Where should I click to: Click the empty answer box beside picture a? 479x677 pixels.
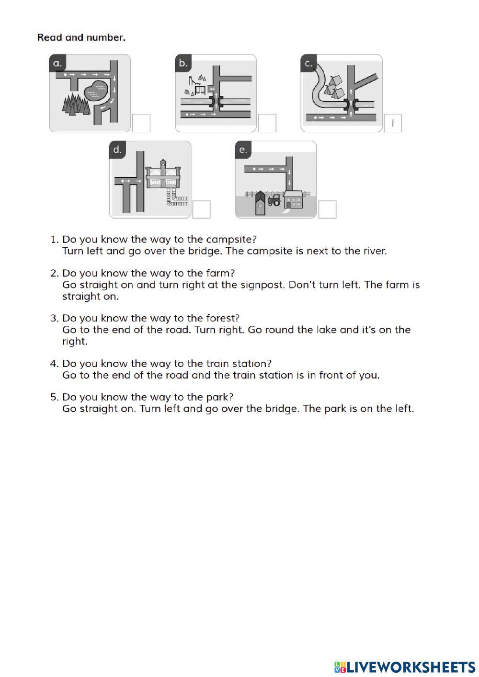(141, 123)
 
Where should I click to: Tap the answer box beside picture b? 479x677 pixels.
(267, 123)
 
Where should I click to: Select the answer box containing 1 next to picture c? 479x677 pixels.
(393, 123)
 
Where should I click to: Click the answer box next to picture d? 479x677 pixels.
(202, 209)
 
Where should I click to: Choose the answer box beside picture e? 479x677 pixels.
(327, 209)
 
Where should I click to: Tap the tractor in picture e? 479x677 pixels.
(274, 200)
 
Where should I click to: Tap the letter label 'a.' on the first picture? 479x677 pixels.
(57, 63)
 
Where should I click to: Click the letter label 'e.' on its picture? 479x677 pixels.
(243, 149)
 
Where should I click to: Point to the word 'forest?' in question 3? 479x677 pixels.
(222, 318)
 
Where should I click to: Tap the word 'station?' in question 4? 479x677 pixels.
(252, 364)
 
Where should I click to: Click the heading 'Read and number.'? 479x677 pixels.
(81, 37)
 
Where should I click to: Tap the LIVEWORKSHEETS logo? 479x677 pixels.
(405, 667)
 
